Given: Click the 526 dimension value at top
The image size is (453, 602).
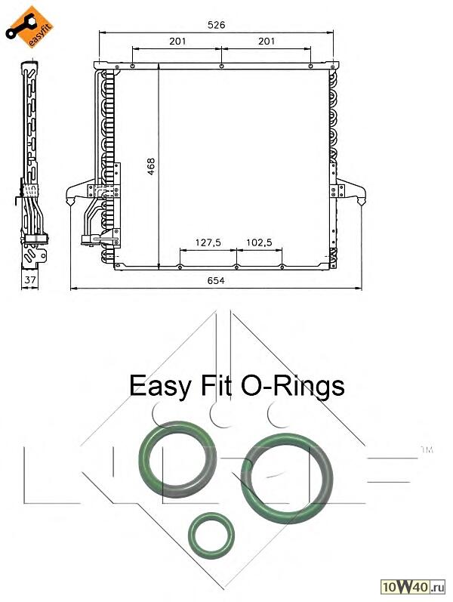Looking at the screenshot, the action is coord(216,25).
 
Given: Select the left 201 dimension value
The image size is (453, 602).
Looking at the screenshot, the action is coord(177,41).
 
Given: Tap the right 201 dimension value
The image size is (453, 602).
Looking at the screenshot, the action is coord(267,41).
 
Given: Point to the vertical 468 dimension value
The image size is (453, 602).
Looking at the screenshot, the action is coord(151,167).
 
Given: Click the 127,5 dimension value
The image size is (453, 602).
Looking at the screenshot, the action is coord(208,242).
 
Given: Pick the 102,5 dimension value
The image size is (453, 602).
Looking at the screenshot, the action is coord(259,242).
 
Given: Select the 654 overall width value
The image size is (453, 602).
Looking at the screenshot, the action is coord(216,281).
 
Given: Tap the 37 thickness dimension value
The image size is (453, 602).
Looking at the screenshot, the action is coord(30,280).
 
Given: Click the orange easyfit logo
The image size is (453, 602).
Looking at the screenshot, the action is coord(29,27).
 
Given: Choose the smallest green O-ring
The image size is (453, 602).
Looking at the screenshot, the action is coord(211,536).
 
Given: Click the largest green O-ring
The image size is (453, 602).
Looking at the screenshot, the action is coord(287,478).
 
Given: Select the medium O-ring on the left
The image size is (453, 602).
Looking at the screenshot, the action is coord(177,458).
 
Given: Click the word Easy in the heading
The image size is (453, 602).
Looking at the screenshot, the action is coord(160,386).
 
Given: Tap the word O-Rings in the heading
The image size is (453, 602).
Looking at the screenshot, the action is coord(292,385).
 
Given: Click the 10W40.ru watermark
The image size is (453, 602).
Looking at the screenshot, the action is coord(413,587).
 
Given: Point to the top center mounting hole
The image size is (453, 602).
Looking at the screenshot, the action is coord(221,66).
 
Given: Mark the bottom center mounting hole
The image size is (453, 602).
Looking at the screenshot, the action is coord(236,267).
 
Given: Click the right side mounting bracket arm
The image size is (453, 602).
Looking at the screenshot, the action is coord(350,191).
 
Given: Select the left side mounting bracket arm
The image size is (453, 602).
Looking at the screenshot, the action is coord(82,191).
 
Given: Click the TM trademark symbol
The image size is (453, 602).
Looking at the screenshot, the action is coord(427,449).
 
